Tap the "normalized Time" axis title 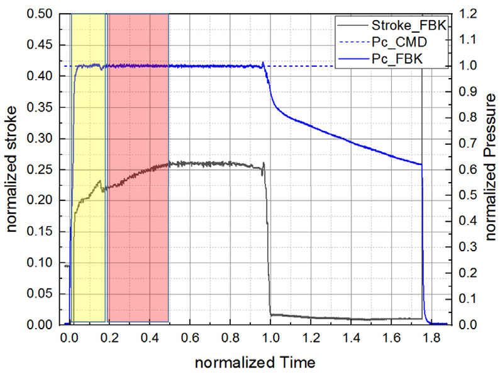tap(254, 363)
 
